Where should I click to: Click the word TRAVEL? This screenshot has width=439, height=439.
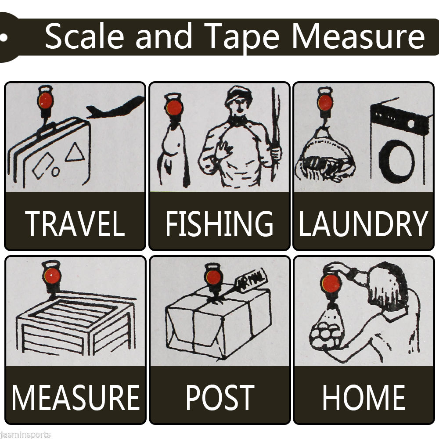(x=75, y=223)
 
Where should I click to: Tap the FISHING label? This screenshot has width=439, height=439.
(x=219, y=223)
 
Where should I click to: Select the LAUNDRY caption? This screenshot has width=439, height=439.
(x=363, y=223)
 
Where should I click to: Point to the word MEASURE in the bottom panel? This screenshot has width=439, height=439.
(x=76, y=397)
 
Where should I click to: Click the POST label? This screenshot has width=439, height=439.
(x=220, y=397)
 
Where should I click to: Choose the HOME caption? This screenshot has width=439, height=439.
(x=363, y=397)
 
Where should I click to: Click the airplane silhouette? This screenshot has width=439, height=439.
(x=115, y=108)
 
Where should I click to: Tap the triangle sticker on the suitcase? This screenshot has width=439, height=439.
(x=75, y=152)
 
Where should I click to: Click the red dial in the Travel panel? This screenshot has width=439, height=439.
(x=45, y=101)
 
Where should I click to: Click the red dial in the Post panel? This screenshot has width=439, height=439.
(x=213, y=277)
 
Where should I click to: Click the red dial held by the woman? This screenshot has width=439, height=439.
(x=331, y=283)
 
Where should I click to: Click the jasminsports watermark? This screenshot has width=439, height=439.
(x=25, y=435)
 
